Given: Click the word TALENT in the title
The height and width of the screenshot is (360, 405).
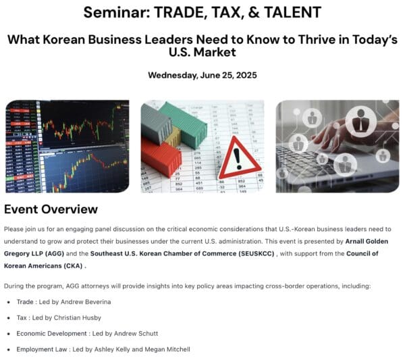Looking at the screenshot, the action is [292, 12].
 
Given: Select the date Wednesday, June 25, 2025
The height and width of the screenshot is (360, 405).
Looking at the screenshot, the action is [202, 75].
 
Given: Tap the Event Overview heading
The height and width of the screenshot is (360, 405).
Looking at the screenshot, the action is [51, 209].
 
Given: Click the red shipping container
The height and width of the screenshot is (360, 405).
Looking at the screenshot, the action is [161, 157].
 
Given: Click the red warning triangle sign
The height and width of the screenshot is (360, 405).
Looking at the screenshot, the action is [240, 158].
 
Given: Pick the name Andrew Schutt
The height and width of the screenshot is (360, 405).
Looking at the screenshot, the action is [136, 334].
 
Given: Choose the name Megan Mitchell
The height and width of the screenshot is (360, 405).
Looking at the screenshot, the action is [167, 349].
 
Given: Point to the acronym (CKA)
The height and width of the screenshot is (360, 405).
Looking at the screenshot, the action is [73, 265].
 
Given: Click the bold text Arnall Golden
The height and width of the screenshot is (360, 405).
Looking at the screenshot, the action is [367, 241].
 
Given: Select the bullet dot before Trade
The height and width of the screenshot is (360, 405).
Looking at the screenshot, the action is [9, 302].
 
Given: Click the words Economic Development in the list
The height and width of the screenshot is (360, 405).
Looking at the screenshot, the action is [51, 334].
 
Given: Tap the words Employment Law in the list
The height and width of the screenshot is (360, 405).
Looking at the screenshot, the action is [42, 349].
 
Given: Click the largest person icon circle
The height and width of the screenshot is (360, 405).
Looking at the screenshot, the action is [361, 121].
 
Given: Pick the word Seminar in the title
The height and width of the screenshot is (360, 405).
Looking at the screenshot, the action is [117, 12].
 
